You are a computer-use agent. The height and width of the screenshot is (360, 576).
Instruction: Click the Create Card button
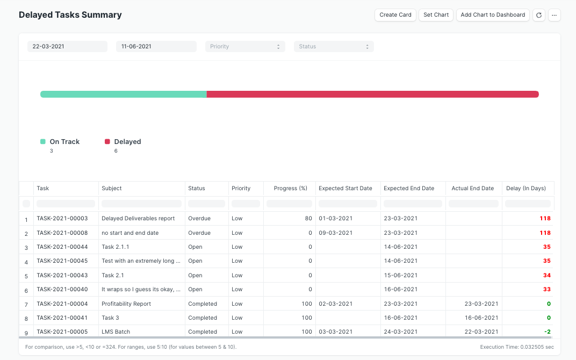pos(395,15)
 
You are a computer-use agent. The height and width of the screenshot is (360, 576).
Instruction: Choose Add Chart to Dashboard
pos(493,15)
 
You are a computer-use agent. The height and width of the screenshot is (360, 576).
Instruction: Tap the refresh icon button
pos(539,15)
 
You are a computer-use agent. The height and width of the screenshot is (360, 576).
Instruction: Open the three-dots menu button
pos(554,15)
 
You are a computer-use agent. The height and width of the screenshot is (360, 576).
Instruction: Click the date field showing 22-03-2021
pos(67,47)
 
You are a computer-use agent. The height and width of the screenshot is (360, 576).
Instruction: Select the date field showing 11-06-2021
pos(156,47)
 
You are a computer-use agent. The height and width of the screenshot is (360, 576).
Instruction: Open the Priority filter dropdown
pos(244,47)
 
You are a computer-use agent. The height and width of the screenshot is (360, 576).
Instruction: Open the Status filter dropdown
pos(333,47)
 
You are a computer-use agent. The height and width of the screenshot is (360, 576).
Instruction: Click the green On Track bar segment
pos(124,95)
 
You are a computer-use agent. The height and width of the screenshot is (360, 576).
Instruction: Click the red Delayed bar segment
pos(372,95)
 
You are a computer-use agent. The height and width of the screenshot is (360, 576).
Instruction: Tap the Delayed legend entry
pos(127,142)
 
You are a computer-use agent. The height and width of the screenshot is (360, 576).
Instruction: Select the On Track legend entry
pos(64,142)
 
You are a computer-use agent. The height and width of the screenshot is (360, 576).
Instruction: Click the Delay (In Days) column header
pos(525,189)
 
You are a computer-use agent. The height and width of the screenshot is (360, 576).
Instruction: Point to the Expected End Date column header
pos(408,189)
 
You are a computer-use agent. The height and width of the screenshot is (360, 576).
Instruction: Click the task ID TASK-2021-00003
pos(62,219)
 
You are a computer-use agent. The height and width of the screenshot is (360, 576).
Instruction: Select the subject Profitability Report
pos(126,304)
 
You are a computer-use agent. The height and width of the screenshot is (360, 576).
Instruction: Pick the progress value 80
pos(308,219)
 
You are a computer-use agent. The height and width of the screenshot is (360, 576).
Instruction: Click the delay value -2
pos(547,332)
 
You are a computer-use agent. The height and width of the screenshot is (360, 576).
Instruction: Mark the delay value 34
pos(546,276)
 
